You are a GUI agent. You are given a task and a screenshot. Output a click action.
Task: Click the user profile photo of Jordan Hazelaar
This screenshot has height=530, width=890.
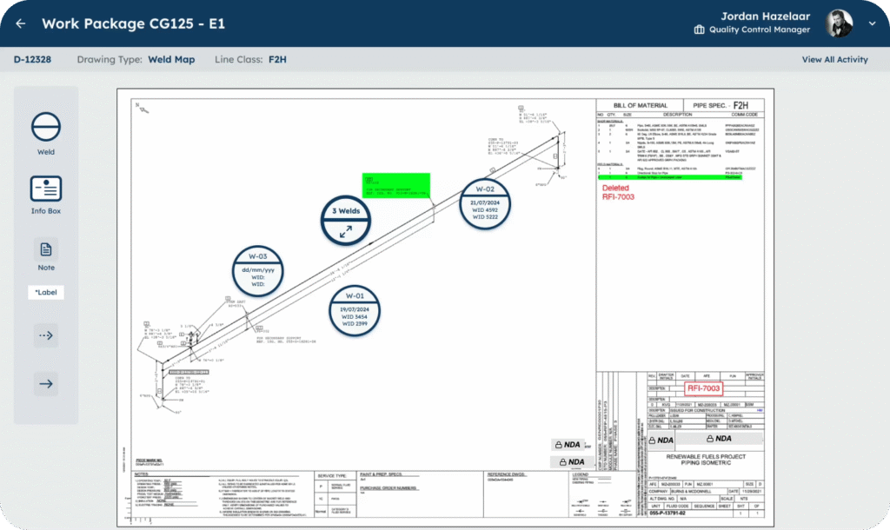[x=839, y=23]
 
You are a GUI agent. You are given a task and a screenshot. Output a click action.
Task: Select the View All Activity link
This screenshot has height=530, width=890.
[x=834, y=60]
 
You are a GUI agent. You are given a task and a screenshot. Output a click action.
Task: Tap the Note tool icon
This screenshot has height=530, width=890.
[x=46, y=250]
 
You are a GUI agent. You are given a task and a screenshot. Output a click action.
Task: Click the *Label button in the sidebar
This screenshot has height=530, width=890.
[x=46, y=293]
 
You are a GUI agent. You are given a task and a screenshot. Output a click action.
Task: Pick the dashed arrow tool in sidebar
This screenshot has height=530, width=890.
[x=46, y=335]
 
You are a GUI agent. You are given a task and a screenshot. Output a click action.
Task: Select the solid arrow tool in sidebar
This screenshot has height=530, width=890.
[x=46, y=383]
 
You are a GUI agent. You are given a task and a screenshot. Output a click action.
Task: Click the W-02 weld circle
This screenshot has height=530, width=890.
[x=485, y=202]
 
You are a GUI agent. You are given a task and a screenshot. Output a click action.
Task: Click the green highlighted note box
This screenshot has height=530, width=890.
[x=396, y=184]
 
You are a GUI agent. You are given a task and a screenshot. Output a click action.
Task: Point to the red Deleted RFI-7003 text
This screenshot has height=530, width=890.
[x=618, y=192]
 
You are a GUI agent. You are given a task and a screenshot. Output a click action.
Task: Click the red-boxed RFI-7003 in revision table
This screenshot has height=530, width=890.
[x=704, y=388]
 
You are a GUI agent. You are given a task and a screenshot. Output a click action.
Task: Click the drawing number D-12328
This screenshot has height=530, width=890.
[x=33, y=60]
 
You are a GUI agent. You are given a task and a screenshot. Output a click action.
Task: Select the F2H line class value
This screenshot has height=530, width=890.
[x=277, y=60]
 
